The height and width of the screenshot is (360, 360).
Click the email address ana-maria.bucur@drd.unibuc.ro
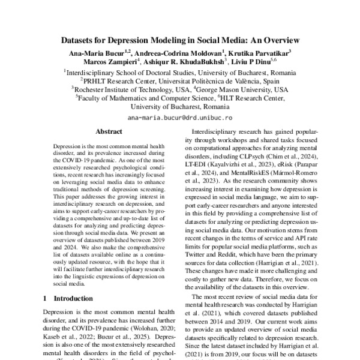point(180,118)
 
